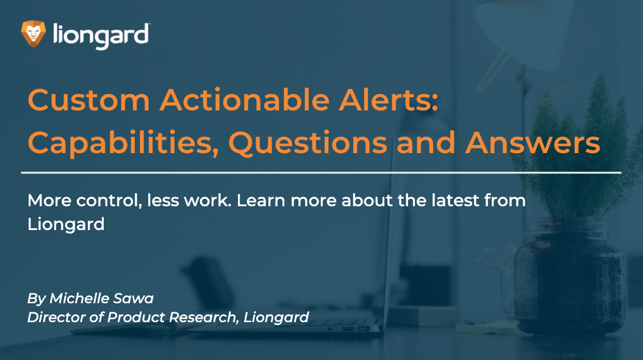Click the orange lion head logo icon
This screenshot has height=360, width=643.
coord(33,34)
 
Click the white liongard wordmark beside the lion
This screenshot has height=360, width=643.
coord(101,35)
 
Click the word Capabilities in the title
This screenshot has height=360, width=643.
coord(123,143)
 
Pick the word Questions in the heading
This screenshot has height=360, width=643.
coord(307,143)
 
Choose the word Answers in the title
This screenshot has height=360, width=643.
coord(533,143)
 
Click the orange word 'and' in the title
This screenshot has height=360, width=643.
coord(426,142)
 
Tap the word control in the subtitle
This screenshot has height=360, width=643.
coord(109,201)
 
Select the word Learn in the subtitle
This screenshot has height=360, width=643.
coord(261,200)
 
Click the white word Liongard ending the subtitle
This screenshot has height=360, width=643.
coord(66,225)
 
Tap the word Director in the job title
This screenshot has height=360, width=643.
coord(52,317)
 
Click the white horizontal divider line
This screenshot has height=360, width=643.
coord(321,173)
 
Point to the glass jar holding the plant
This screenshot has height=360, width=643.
coord(570,278)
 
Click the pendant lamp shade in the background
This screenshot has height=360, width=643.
coord(519,33)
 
